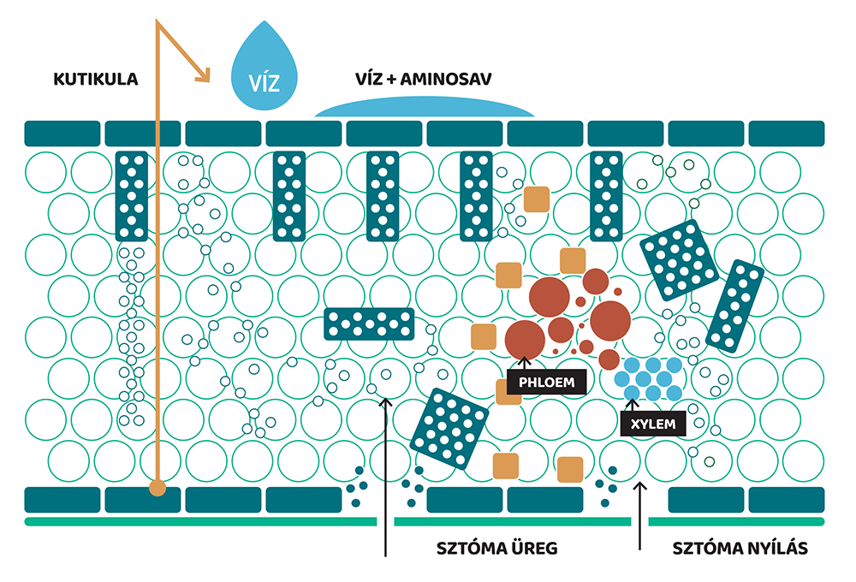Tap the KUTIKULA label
90,80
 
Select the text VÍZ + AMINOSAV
423,80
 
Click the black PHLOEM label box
546,382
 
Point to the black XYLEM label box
654,424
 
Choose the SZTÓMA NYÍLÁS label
740,548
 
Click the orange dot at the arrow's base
157,489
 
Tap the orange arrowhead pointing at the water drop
202,76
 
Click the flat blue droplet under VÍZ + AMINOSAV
424,107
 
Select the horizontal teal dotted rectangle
369,324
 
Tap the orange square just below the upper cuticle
537,199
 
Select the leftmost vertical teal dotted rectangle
132,196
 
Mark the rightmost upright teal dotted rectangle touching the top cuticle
606,196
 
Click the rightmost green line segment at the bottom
736,520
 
